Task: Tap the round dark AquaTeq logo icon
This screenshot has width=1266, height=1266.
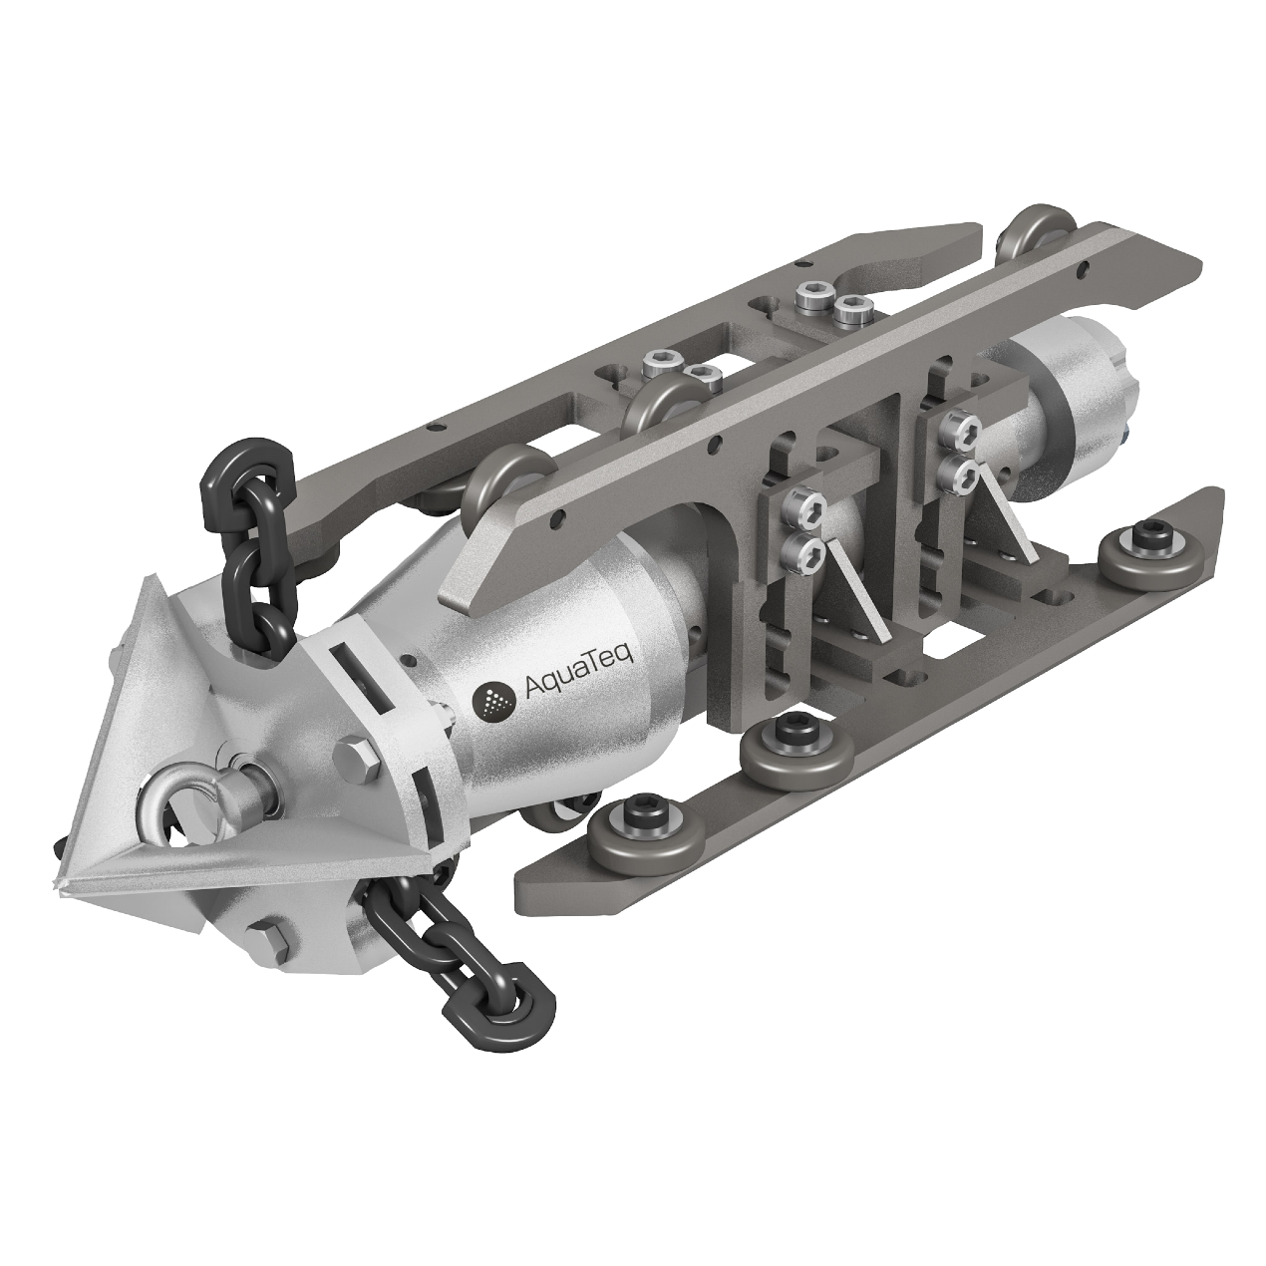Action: click(495, 702)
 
